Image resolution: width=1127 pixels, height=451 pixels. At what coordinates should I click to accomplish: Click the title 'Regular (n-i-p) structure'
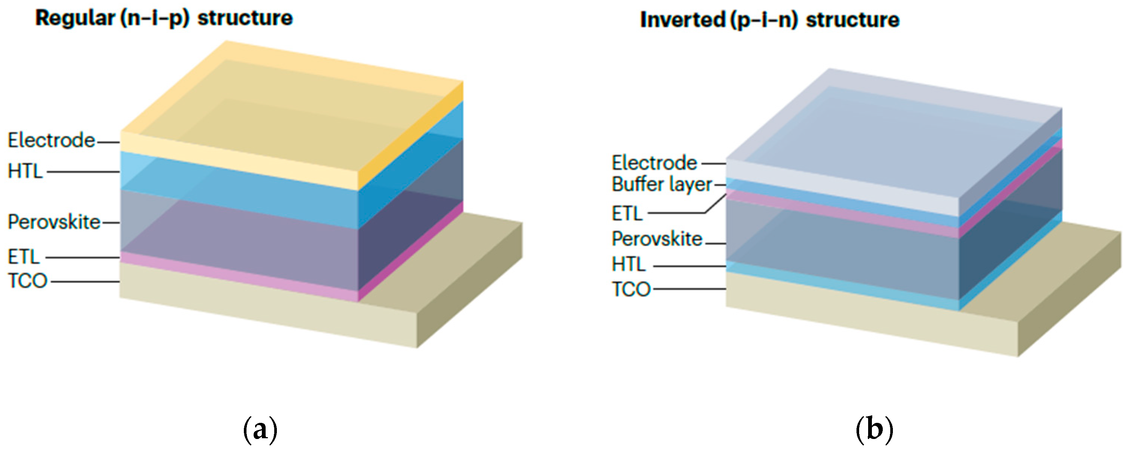tap(164, 18)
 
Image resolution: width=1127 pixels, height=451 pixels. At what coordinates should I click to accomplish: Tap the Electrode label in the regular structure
tap(51, 140)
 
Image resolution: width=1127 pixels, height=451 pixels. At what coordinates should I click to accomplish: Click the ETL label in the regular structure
tap(24, 256)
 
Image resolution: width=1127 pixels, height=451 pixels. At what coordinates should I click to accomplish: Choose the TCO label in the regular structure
tap(27, 280)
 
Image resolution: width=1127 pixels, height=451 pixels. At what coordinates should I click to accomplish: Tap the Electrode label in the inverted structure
tap(654, 163)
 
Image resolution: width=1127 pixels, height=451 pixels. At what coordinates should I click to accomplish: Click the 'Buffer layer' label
tap(661, 184)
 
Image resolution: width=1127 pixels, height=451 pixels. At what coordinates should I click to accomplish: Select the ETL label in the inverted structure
tap(627, 214)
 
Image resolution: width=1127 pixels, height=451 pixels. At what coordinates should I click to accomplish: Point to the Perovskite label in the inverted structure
tap(657, 239)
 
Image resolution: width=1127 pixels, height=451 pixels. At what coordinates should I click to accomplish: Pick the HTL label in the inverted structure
tap(629, 264)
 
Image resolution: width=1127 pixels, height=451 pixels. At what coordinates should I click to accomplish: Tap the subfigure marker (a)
tap(260, 430)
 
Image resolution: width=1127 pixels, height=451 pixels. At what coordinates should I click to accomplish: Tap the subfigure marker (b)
tap(874, 430)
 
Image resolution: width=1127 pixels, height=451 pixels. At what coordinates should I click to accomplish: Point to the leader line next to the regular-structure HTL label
tap(83, 172)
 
